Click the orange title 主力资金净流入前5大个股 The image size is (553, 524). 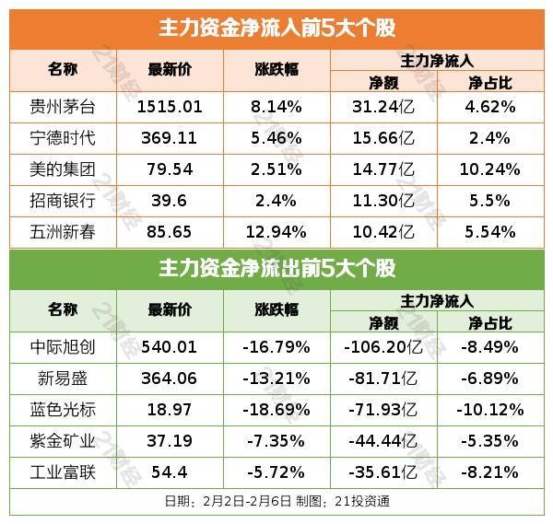pos(276,28)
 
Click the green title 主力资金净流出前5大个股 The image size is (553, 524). pos(276,269)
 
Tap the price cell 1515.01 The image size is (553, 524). pos(169,106)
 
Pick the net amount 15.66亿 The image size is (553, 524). pos(383,137)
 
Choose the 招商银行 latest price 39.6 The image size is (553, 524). pos(169,201)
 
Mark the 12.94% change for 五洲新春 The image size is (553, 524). pos(276,233)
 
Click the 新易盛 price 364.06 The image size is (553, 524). pos(169,379)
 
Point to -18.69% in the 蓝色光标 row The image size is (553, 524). pos(276,411)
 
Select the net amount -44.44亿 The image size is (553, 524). pos(383,442)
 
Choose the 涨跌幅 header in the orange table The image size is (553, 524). pos(276,70)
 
